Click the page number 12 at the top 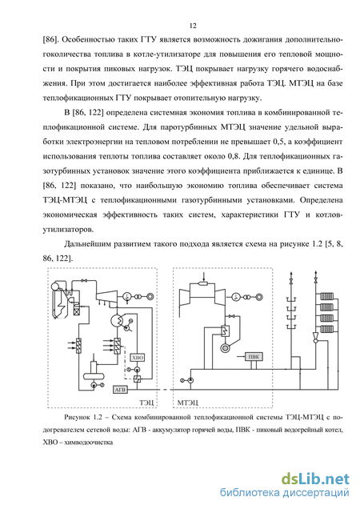(x=193, y=26)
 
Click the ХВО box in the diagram (x=137, y=358)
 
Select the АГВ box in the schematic (x=121, y=389)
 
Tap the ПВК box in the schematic (x=254, y=356)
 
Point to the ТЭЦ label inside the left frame (x=146, y=403)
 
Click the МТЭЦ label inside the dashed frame (x=188, y=403)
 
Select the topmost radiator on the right (x=326, y=296)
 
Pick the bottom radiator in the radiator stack (x=326, y=329)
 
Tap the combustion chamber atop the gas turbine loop (x=203, y=283)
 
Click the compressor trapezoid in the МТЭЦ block (x=186, y=296)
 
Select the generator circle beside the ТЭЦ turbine (x=127, y=296)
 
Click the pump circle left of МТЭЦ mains (x=190, y=380)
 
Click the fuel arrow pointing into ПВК (x=241, y=357)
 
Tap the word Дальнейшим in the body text (x=87, y=244)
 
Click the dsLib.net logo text (x=315, y=479)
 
